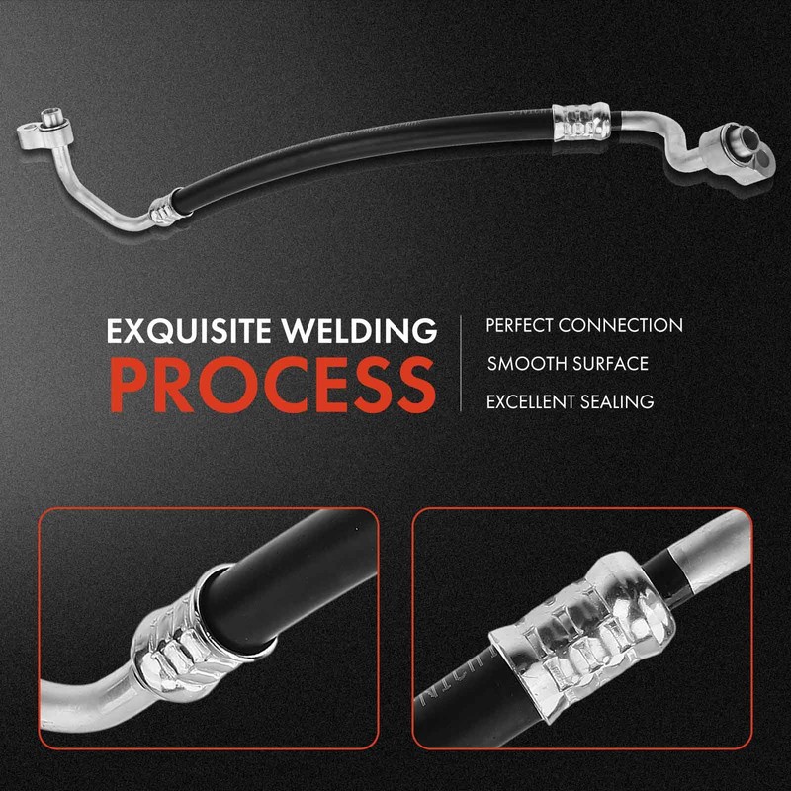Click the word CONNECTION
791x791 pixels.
(621, 325)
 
